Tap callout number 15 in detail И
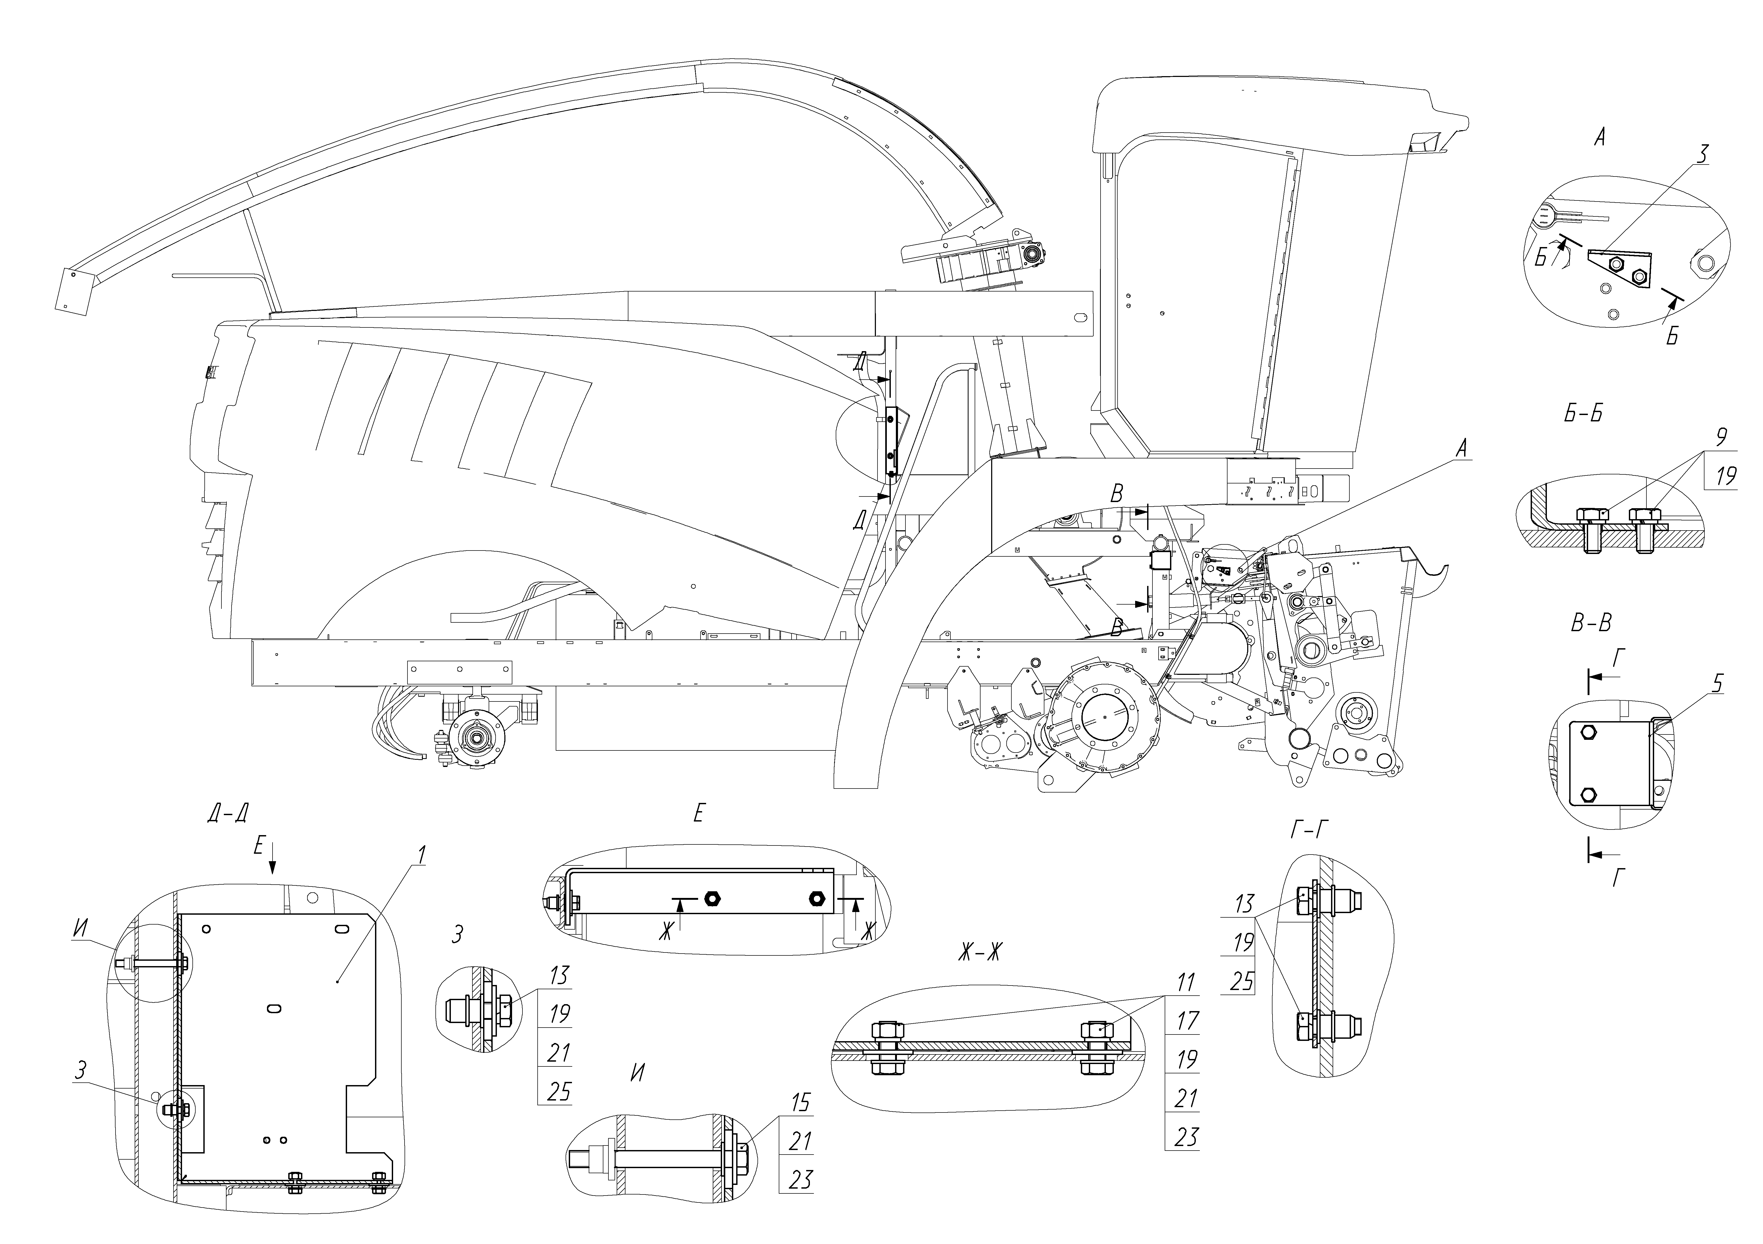tap(801, 1103)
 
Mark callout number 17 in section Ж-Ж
tap(1187, 1021)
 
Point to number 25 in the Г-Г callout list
tap(1242, 981)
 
